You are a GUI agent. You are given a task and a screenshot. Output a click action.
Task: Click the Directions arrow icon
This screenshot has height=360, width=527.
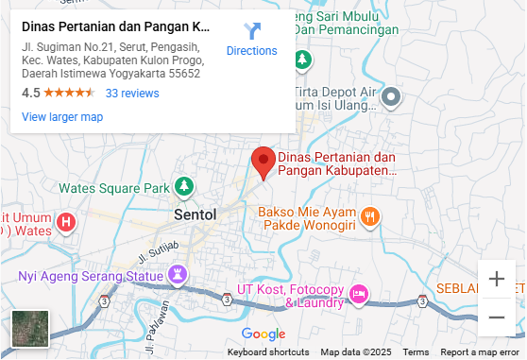(x=252, y=31)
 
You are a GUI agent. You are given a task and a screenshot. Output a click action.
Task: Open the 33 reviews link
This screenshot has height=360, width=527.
(x=132, y=94)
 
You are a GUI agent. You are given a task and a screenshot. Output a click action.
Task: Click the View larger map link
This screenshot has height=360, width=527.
(x=62, y=117)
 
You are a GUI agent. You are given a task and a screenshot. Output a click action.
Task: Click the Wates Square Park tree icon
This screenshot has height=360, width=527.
(x=185, y=187)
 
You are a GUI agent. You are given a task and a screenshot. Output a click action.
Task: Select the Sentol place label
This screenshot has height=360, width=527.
(x=195, y=214)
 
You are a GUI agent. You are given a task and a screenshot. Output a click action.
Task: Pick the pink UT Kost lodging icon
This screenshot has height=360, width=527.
(x=358, y=294)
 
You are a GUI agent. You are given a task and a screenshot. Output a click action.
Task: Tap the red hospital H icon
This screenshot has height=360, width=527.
(x=65, y=223)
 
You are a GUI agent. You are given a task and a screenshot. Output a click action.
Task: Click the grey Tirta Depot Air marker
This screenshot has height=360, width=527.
(x=392, y=97)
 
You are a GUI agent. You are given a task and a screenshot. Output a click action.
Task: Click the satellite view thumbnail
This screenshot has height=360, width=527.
(x=29, y=330)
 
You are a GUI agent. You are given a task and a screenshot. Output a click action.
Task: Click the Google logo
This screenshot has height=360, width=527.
(x=263, y=334)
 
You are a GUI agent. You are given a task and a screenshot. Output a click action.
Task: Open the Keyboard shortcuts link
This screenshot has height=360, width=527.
(x=268, y=352)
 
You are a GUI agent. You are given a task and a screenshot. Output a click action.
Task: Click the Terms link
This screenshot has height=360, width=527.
(x=416, y=352)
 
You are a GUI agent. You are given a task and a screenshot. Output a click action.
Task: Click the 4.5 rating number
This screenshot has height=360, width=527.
(x=31, y=94)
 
